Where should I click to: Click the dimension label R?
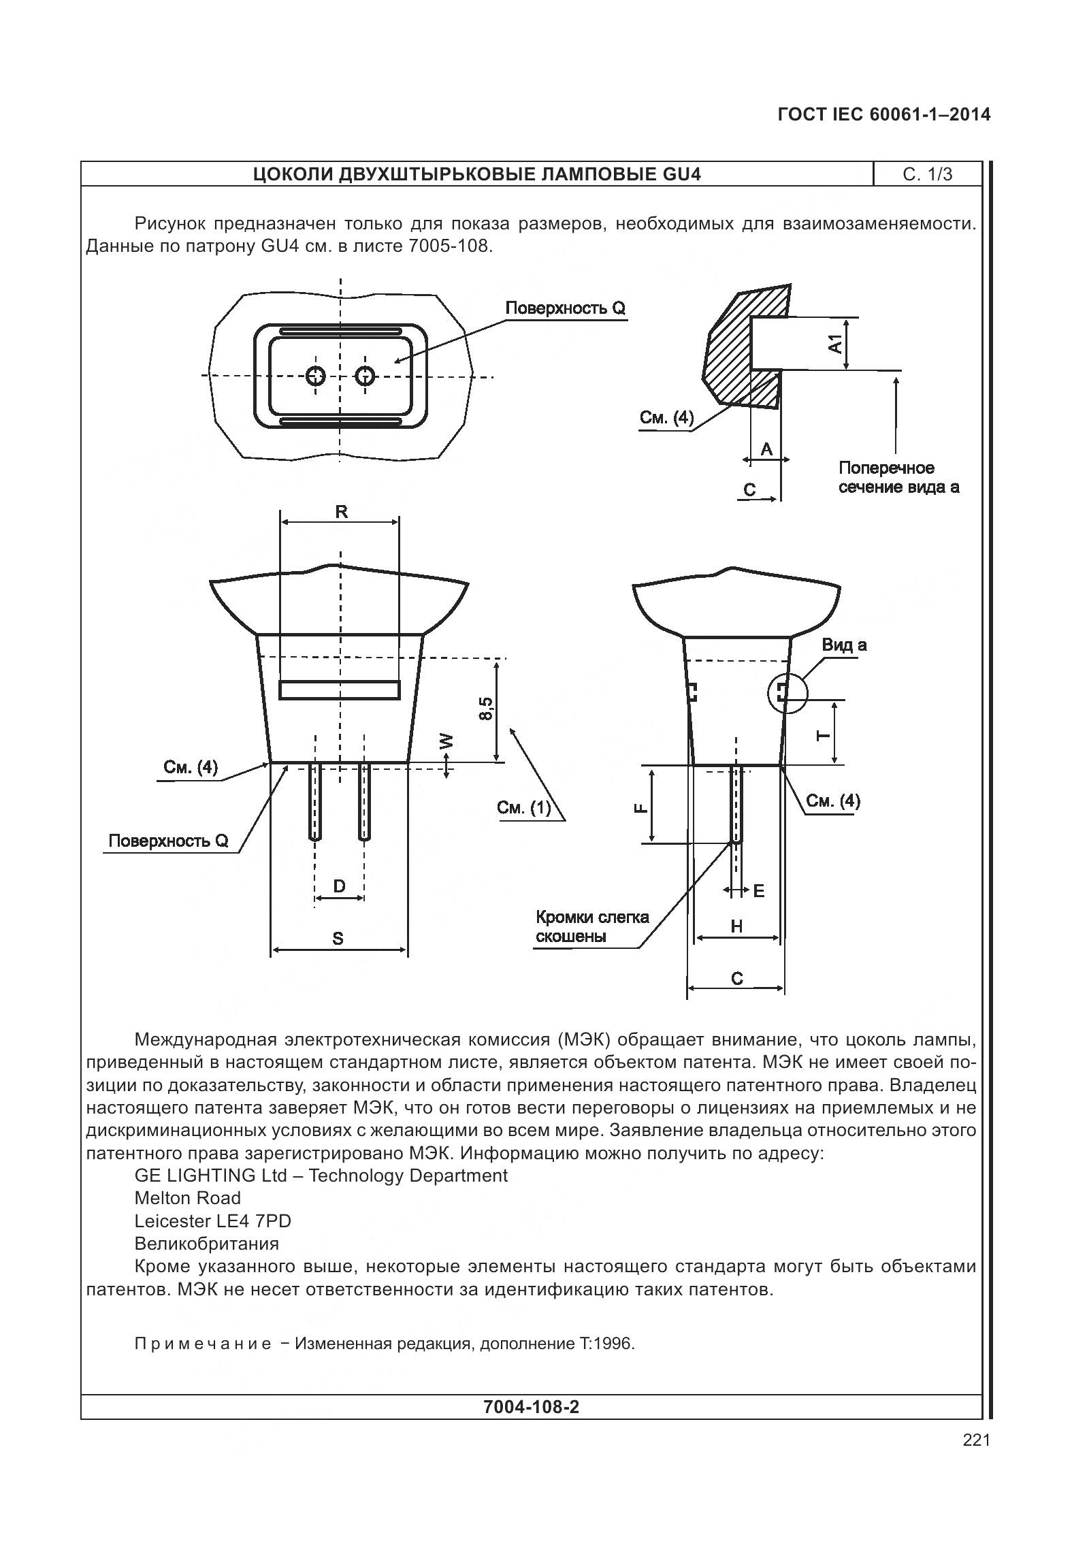point(341,512)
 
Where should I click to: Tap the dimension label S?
point(338,939)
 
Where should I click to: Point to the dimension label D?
point(339,886)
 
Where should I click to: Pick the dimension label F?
point(640,807)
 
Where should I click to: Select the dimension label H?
point(736,926)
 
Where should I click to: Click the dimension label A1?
point(835,343)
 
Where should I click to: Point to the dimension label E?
point(759,890)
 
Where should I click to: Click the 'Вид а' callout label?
point(844,645)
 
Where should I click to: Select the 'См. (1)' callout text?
point(523,808)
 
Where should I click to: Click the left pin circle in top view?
point(316,375)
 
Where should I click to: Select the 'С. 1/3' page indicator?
point(927,175)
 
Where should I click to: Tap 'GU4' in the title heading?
point(681,175)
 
